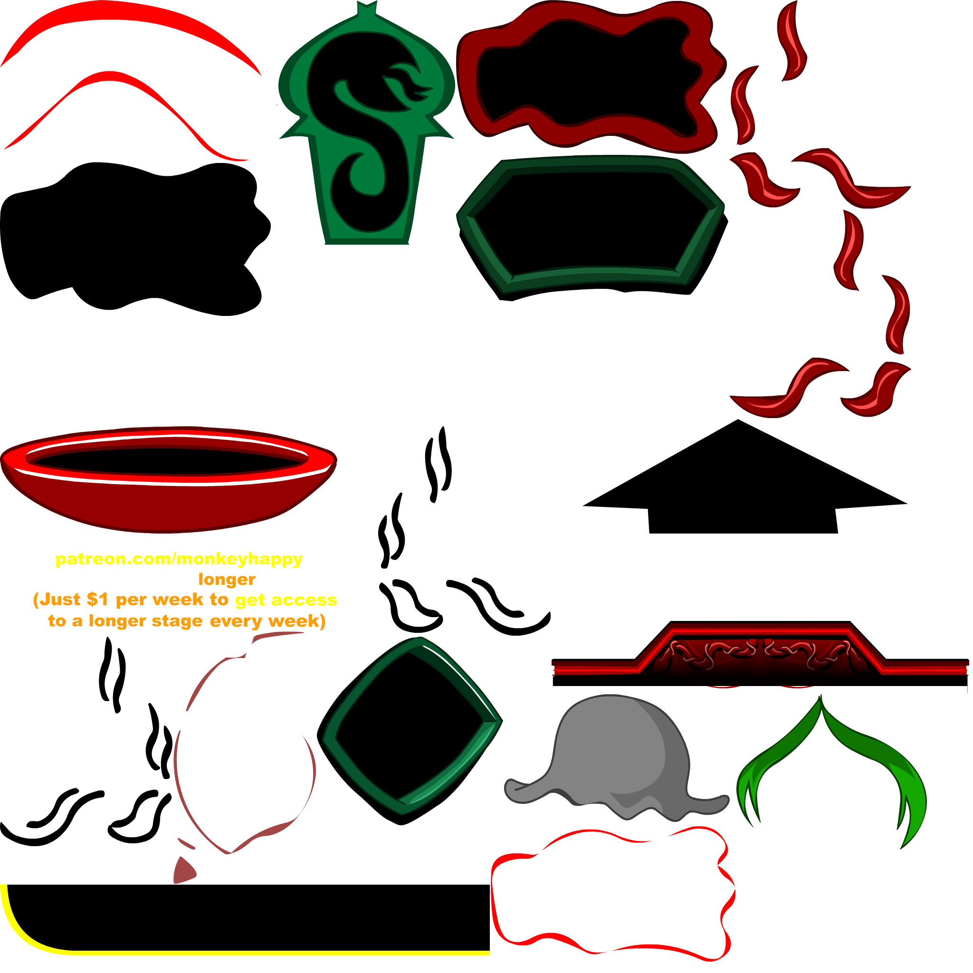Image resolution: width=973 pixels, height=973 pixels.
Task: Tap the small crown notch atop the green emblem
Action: click(367, 8)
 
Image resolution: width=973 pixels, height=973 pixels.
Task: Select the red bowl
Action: click(168, 479)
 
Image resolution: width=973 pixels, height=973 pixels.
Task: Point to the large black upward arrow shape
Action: click(745, 477)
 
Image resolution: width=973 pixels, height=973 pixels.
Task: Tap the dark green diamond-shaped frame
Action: click(410, 730)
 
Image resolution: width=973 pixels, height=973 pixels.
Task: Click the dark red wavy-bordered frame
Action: click(592, 76)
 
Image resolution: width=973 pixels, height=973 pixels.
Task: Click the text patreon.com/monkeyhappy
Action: click(179, 559)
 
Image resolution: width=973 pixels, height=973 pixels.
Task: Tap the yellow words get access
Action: click(286, 600)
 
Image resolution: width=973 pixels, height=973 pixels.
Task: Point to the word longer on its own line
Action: click(227, 579)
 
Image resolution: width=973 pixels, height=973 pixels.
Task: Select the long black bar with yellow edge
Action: click(245, 920)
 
